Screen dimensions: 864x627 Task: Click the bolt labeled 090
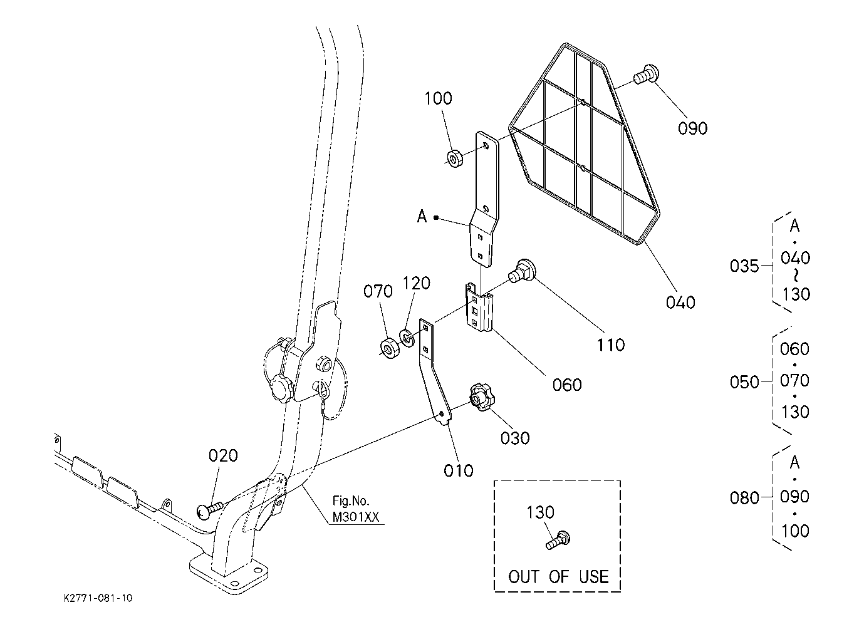point(646,76)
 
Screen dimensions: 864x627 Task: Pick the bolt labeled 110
point(522,271)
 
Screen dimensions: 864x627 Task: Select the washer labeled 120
point(407,337)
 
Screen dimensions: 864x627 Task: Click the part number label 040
point(680,303)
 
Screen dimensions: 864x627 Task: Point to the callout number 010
point(458,471)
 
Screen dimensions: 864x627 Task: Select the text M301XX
point(356,517)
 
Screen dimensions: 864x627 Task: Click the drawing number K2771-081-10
point(98,598)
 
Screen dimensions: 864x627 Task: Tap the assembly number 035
point(744,266)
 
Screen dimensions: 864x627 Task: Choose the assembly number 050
point(744,382)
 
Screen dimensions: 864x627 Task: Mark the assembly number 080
point(744,498)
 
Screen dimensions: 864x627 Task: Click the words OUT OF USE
point(558,577)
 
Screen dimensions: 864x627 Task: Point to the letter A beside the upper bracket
point(422,216)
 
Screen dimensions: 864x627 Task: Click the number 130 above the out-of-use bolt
point(540,512)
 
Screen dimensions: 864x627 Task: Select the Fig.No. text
point(351,501)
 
